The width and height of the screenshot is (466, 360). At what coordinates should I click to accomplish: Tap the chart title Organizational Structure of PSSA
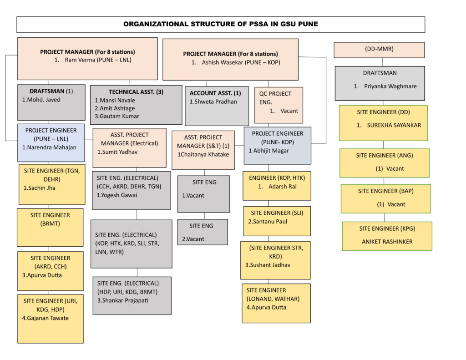coord(221,25)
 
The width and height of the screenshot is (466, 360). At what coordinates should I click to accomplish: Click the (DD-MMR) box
coord(379,50)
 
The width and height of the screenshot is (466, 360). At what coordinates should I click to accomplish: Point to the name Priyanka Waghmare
coord(390,86)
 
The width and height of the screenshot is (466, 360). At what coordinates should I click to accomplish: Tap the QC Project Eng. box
coord(278,105)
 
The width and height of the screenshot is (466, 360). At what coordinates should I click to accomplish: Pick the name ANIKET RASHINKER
coord(386,242)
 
